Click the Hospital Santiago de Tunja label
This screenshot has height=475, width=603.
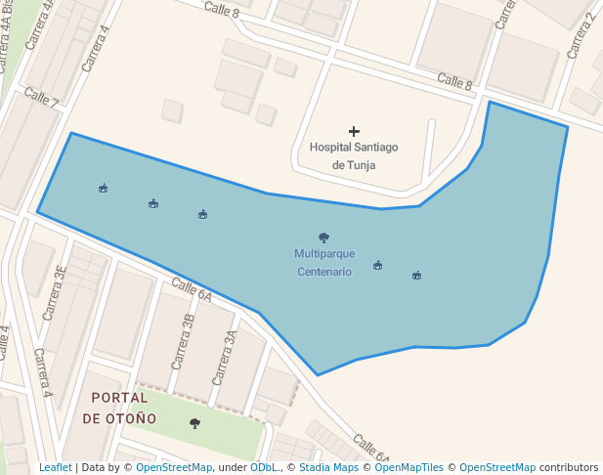pyautogui.click(x=353, y=155)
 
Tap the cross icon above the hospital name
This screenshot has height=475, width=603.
pyautogui.click(x=354, y=131)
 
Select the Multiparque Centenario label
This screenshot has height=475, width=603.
pyautogui.click(x=323, y=262)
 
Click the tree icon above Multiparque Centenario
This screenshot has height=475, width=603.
pyautogui.click(x=323, y=237)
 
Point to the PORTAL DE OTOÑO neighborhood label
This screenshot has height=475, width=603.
pyautogui.click(x=119, y=408)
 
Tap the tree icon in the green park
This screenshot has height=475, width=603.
pyautogui.click(x=194, y=423)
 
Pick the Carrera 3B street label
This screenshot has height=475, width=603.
pyautogui.click(x=183, y=341)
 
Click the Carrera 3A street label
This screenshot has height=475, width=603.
pyautogui.click(x=225, y=356)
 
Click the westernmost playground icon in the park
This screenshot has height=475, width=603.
pyautogui.click(x=103, y=188)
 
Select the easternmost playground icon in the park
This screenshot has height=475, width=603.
pyautogui.click(x=416, y=275)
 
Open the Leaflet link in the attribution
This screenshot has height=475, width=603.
pyautogui.click(x=56, y=467)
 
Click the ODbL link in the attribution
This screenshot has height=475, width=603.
pyautogui.click(x=263, y=467)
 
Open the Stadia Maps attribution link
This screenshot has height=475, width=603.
pyautogui.click(x=327, y=467)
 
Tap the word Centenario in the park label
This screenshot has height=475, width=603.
pyautogui.click(x=323, y=272)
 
